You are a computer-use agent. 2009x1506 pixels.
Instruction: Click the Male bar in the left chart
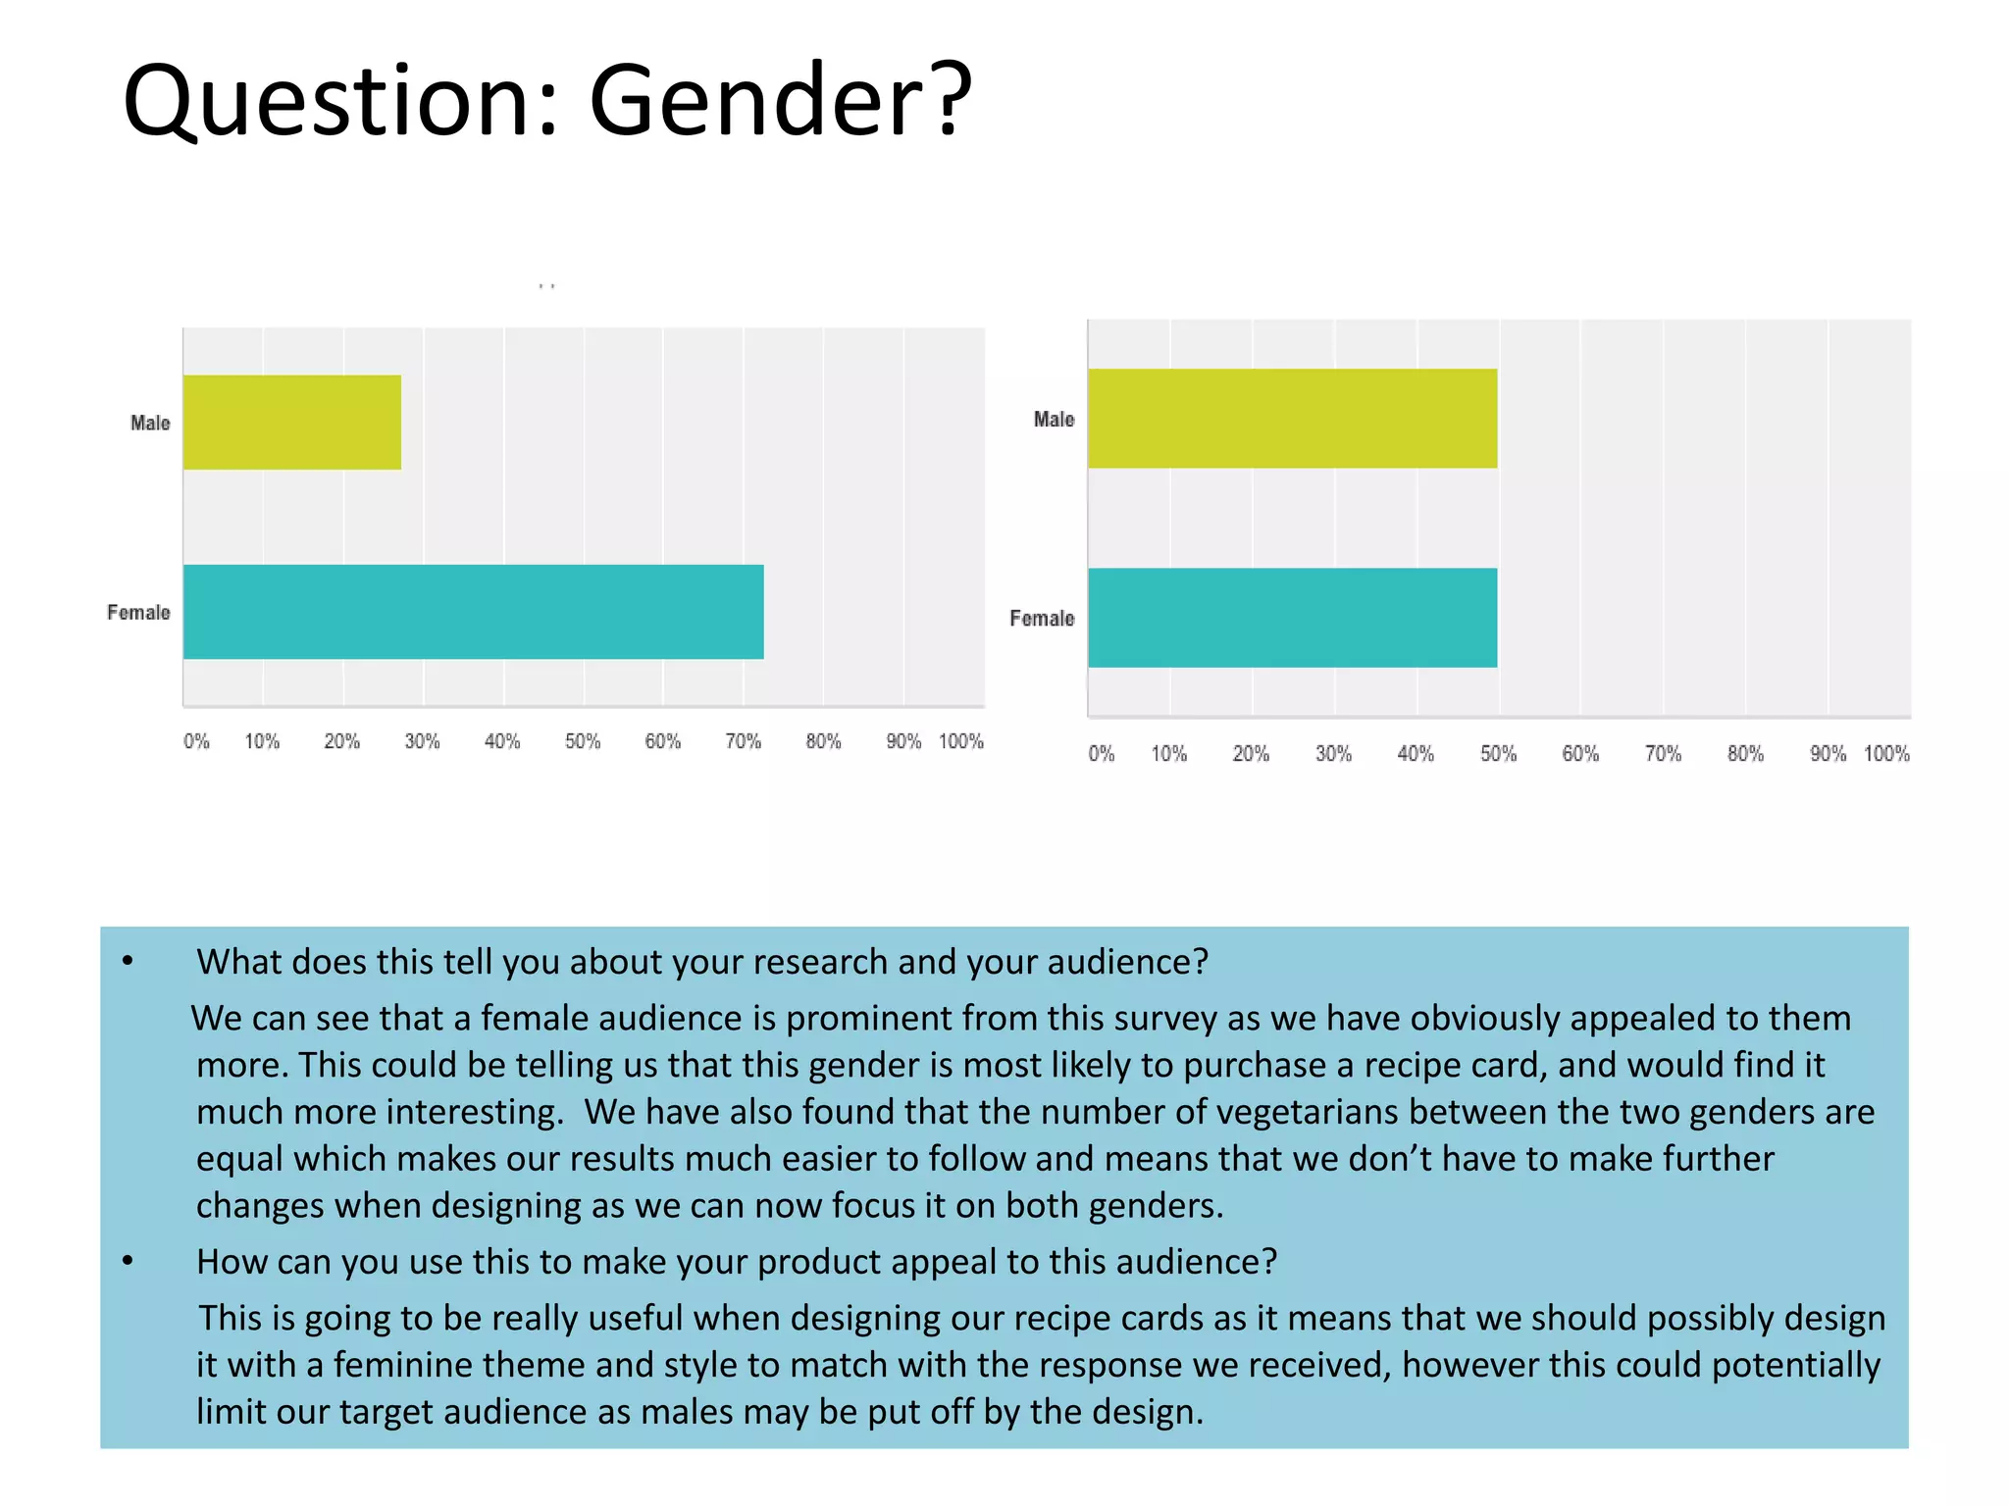click(x=292, y=423)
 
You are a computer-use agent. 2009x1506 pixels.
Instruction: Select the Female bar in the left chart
click(x=473, y=612)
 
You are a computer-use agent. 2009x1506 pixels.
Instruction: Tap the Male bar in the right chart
click(x=1292, y=419)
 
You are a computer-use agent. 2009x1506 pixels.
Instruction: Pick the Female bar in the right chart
click(x=1292, y=618)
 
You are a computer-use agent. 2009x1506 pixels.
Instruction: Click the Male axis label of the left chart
click(x=150, y=423)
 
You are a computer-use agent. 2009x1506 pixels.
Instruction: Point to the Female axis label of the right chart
click(x=1042, y=619)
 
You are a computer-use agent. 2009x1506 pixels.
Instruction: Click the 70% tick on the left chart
click(x=743, y=741)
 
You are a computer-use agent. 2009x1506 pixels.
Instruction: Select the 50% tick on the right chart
click(x=1498, y=754)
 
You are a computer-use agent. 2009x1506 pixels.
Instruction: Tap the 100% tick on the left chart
click(x=960, y=741)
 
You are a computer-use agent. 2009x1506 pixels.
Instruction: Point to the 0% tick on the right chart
click(x=1101, y=754)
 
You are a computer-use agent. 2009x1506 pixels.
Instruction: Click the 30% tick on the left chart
click(x=422, y=741)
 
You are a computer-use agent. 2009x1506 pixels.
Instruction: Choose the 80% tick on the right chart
click(x=1745, y=754)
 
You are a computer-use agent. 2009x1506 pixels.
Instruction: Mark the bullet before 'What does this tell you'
click(x=128, y=962)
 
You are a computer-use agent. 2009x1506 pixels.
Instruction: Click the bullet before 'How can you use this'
click(x=128, y=1261)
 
